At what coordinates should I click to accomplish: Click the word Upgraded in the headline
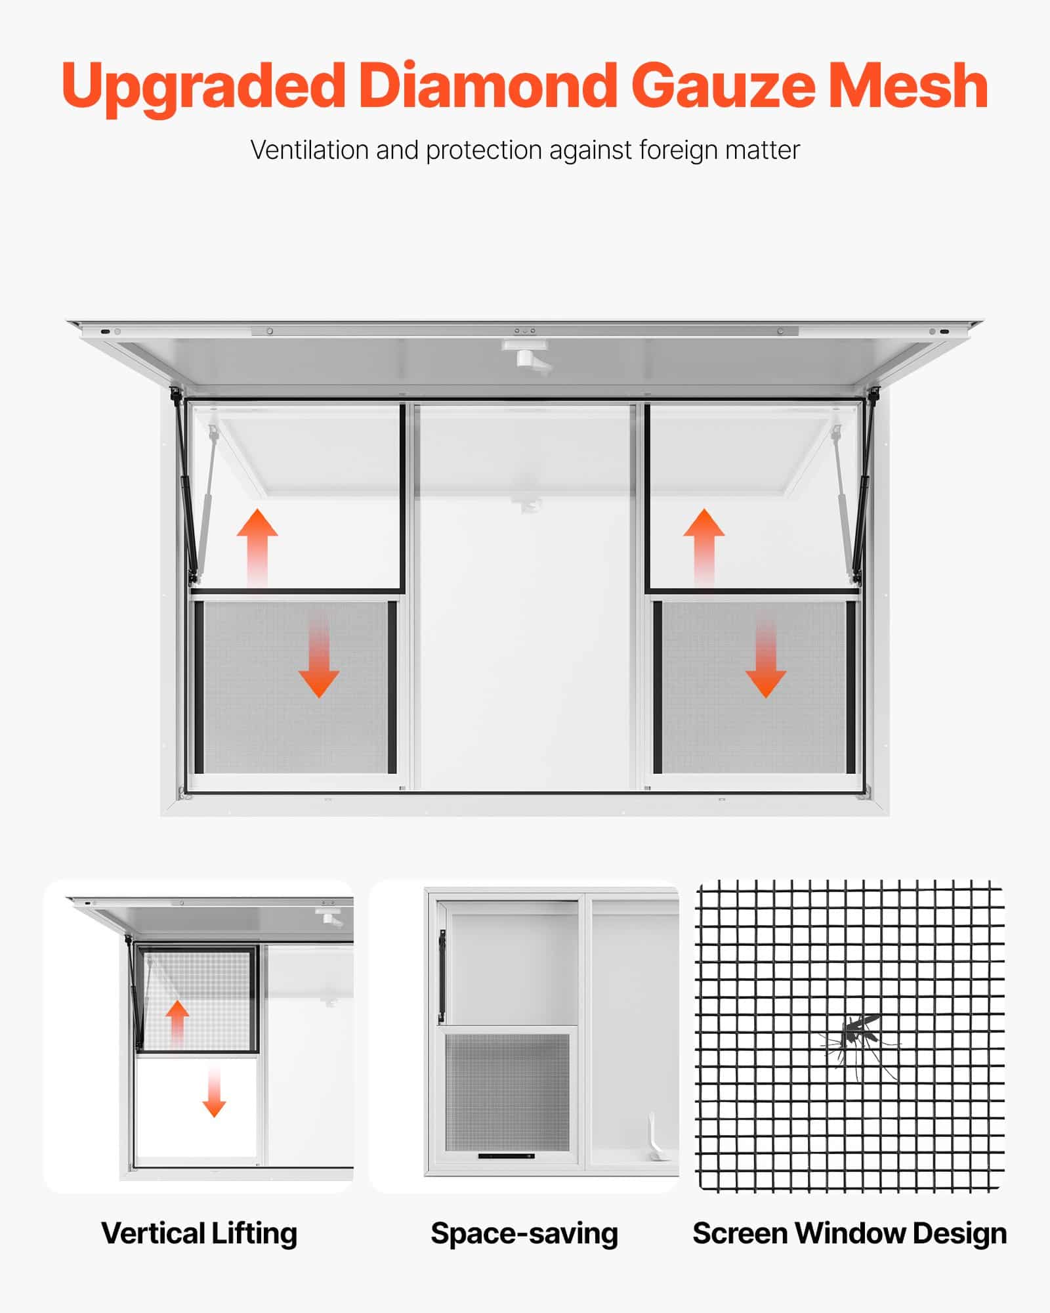[x=203, y=87]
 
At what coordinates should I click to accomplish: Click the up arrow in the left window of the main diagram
[x=257, y=547]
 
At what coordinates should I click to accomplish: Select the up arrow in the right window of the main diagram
[x=704, y=547]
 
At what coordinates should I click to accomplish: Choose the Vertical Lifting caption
[x=199, y=1233]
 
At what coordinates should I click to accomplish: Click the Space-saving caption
[x=524, y=1234]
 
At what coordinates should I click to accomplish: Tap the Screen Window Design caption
[x=850, y=1234]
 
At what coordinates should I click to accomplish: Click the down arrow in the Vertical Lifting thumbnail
[x=214, y=1091]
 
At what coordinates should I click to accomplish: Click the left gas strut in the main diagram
[x=184, y=486]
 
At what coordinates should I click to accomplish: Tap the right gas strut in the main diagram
[x=866, y=486]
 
